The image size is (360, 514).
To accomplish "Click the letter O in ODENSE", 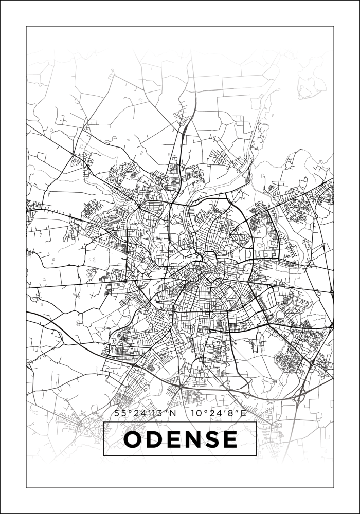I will [x=133, y=439].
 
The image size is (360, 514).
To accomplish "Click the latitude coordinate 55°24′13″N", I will [x=145, y=413].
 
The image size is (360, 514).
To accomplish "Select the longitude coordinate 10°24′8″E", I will [x=219, y=413].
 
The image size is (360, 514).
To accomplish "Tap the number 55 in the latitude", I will [x=119, y=413].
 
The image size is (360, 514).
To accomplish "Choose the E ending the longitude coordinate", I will [x=244, y=413].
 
